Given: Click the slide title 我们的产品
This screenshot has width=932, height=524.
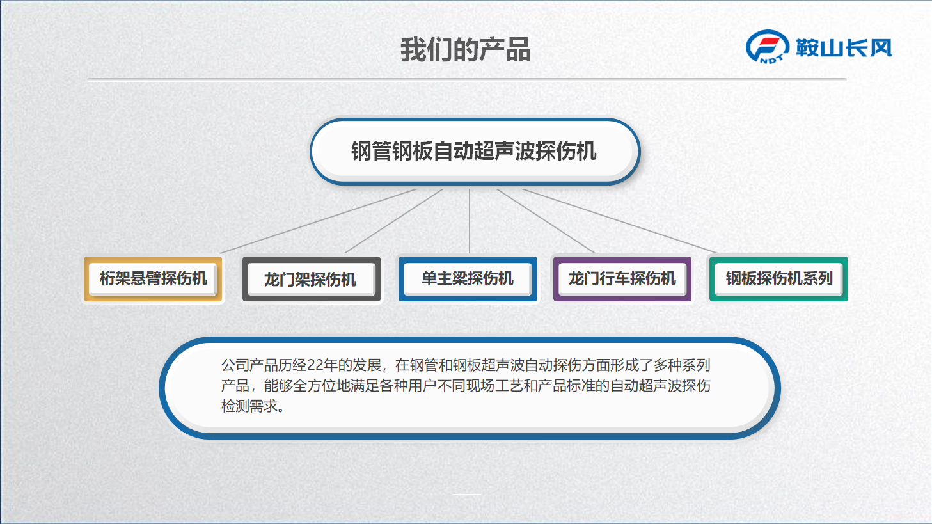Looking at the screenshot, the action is coord(465,49).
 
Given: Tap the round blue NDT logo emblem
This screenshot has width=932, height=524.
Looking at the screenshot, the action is coord(767,47).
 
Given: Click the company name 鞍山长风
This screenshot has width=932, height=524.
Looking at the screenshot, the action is coord(844,48).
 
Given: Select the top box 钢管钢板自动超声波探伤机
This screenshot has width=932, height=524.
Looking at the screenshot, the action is coord(475,152).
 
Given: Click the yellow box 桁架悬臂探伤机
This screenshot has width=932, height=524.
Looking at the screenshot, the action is coord(153,279).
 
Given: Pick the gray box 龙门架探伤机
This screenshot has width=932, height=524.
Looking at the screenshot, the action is coord(312,279).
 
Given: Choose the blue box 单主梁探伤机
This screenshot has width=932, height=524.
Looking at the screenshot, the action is coord(468,279).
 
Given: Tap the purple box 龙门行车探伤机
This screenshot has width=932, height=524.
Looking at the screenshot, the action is coord(622,279).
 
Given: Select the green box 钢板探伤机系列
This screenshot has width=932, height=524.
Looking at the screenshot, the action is coord(778,279).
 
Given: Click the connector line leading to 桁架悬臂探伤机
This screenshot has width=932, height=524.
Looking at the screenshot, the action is coord(319,221).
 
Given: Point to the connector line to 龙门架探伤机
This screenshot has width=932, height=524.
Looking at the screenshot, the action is coord(393,221).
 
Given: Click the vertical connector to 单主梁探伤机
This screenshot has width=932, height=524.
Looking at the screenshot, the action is coord(470,221).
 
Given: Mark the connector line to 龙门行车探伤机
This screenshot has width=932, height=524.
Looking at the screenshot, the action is coord(546,221).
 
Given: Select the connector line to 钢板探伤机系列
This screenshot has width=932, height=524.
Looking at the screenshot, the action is coord(620,221).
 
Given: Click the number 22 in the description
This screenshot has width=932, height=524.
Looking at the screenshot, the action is coord(315,365).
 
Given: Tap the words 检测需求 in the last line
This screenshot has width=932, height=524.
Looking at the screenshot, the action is coord(249,406).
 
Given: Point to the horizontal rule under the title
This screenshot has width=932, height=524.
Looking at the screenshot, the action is coord(467,79).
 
